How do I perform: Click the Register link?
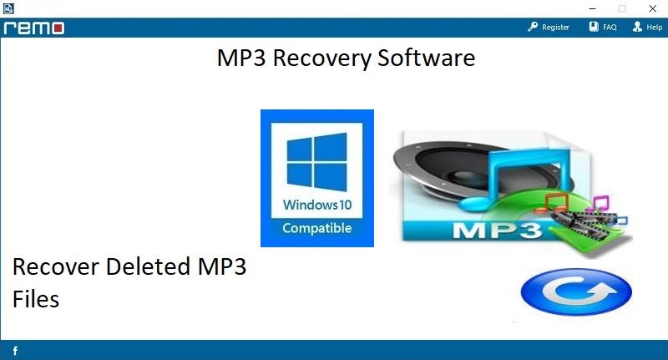[555, 28]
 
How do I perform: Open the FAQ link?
[610, 28]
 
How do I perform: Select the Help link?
[654, 28]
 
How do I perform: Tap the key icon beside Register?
[533, 27]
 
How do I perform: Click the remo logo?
[34, 28]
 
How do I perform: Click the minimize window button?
[593, 8]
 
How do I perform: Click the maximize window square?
[622, 8]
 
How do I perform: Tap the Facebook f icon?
[15, 351]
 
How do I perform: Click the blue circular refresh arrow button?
[576, 292]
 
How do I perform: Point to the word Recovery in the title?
[321, 58]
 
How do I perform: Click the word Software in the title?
[426, 58]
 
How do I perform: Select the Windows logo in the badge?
[316, 162]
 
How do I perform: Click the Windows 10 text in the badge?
[317, 205]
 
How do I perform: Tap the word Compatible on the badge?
[317, 228]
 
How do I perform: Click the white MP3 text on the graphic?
[497, 231]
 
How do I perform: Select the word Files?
[36, 299]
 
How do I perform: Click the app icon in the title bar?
[8, 8]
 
